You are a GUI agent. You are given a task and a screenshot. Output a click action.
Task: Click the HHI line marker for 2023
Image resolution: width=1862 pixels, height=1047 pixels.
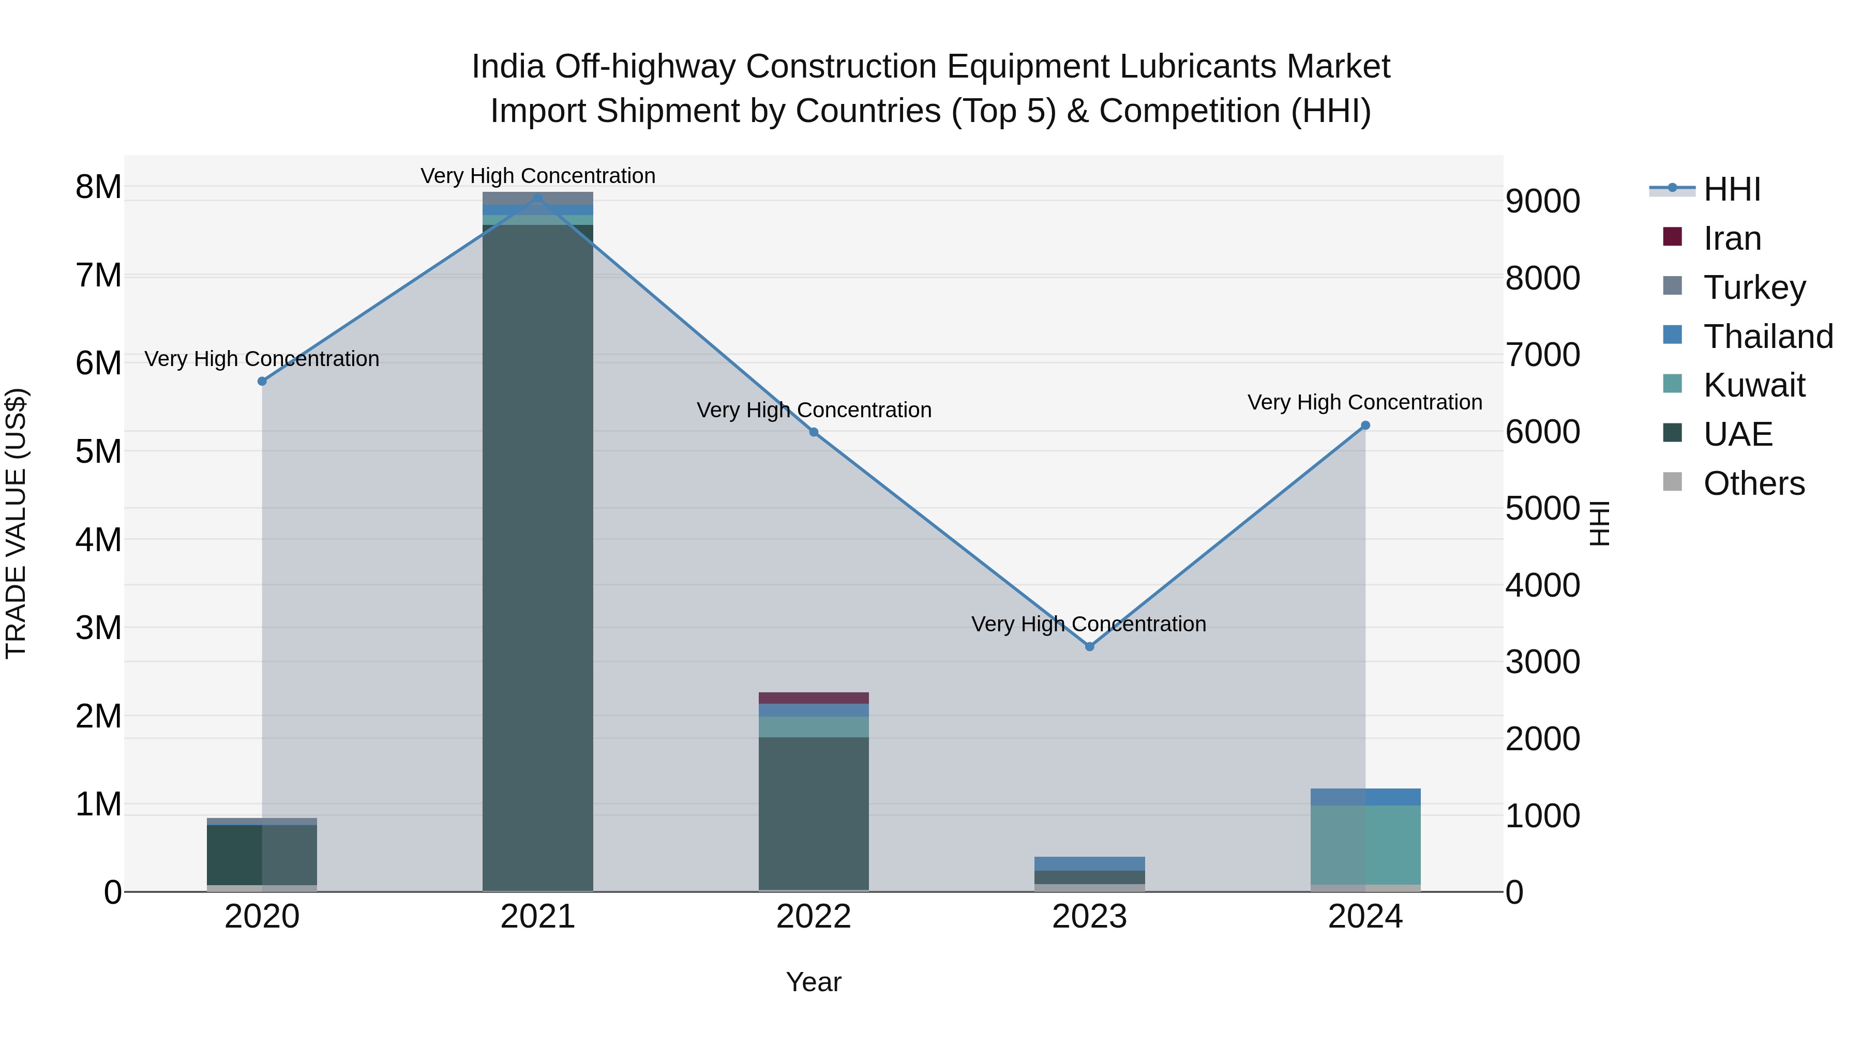tap(1089, 646)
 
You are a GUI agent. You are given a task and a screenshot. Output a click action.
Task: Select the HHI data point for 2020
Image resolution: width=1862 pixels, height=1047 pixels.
tap(262, 381)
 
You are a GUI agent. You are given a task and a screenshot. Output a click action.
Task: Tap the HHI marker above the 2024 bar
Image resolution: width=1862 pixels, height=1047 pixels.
tap(1365, 426)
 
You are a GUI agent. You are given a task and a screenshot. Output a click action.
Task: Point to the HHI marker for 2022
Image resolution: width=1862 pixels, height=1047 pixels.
tap(813, 432)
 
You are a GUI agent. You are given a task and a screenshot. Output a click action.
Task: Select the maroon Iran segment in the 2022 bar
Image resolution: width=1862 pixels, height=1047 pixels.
tap(813, 698)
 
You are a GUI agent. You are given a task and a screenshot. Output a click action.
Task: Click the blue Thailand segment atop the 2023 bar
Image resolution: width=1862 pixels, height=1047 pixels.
tap(1089, 863)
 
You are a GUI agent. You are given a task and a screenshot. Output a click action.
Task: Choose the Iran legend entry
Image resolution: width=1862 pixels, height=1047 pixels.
tap(1731, 238)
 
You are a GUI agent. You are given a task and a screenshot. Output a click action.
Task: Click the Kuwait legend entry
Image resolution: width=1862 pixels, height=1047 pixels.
tap(1753, 385)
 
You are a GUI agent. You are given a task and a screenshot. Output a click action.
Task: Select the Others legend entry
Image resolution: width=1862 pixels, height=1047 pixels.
tap(1753, 483)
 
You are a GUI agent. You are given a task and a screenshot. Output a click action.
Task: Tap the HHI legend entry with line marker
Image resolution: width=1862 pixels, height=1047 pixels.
tap(1731, 189)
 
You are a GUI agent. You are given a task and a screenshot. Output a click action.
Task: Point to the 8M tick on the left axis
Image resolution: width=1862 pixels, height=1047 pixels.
tap(98, 187)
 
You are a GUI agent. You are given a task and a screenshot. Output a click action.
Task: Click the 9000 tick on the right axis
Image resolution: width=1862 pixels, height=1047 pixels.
tap(1542, 202)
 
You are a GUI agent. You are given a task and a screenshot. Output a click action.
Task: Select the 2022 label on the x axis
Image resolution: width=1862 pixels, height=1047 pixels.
tap(813, 917)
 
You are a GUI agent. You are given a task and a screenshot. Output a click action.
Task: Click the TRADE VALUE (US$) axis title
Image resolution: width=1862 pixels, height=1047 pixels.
tap(16, 523)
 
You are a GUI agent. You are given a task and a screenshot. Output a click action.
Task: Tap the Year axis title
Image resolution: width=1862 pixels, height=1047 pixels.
tap(813, 982)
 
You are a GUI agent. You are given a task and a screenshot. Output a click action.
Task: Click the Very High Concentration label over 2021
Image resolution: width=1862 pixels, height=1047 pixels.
tap(538, 176)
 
